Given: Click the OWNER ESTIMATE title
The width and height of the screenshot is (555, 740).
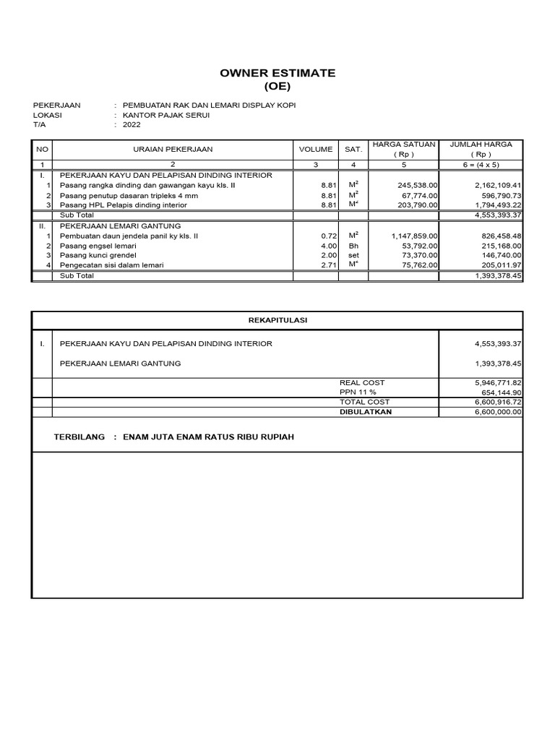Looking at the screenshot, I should pos(277,74).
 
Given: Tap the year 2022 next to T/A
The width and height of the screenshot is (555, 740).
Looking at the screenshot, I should pos(132,124).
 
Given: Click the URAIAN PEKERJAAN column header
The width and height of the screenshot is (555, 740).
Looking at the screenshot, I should pos(172,150).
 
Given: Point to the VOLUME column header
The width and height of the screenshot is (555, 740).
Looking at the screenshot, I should pos(316,150).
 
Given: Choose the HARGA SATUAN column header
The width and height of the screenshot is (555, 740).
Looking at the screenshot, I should pos(403,145).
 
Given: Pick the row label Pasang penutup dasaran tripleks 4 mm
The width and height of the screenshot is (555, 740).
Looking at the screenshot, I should pos(129,196).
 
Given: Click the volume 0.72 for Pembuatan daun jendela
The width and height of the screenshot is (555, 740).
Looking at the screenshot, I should pos(329,236).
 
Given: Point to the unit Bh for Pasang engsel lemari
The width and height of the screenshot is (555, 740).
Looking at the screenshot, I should pos(353,246).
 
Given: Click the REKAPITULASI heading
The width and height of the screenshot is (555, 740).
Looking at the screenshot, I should pos(277,321).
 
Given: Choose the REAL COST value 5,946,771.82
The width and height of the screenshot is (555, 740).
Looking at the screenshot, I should pos(498,382).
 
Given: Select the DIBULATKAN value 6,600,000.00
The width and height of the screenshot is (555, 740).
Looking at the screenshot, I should pos(498,412).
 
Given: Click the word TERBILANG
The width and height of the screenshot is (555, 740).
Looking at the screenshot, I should pos(79,437).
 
